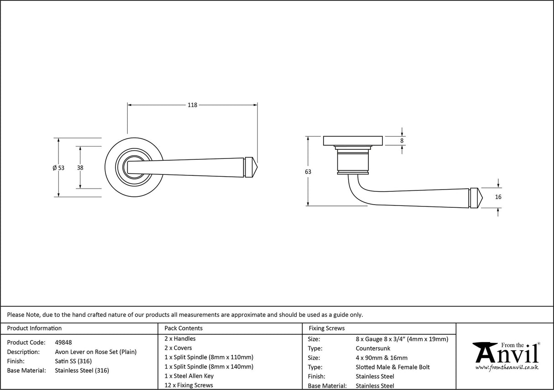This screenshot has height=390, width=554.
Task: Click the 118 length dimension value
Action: point(192,105)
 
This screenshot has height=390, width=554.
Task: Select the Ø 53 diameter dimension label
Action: point(58,168)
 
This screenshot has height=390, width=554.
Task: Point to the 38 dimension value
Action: point(80,168)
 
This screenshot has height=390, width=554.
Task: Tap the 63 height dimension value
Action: point(308,172)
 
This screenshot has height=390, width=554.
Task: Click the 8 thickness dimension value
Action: point(402,141)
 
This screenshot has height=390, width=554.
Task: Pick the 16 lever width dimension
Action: point(498,197)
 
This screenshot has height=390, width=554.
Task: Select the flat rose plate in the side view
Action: point(352,141)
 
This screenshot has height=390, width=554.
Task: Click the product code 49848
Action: point(63,343)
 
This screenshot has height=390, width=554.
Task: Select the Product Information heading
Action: point(34,328)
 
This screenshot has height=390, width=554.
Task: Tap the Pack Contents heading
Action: point(183,328)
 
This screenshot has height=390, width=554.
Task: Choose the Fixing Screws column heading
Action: point(327,328)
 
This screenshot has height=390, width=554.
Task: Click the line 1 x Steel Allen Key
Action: point(189,376)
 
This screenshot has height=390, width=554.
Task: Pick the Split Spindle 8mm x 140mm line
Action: point(209,367)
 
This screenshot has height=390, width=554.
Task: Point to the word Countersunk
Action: point(373,348)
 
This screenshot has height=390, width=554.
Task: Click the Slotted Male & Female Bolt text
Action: point(392,367)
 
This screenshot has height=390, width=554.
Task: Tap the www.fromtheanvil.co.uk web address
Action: point(507,367)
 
